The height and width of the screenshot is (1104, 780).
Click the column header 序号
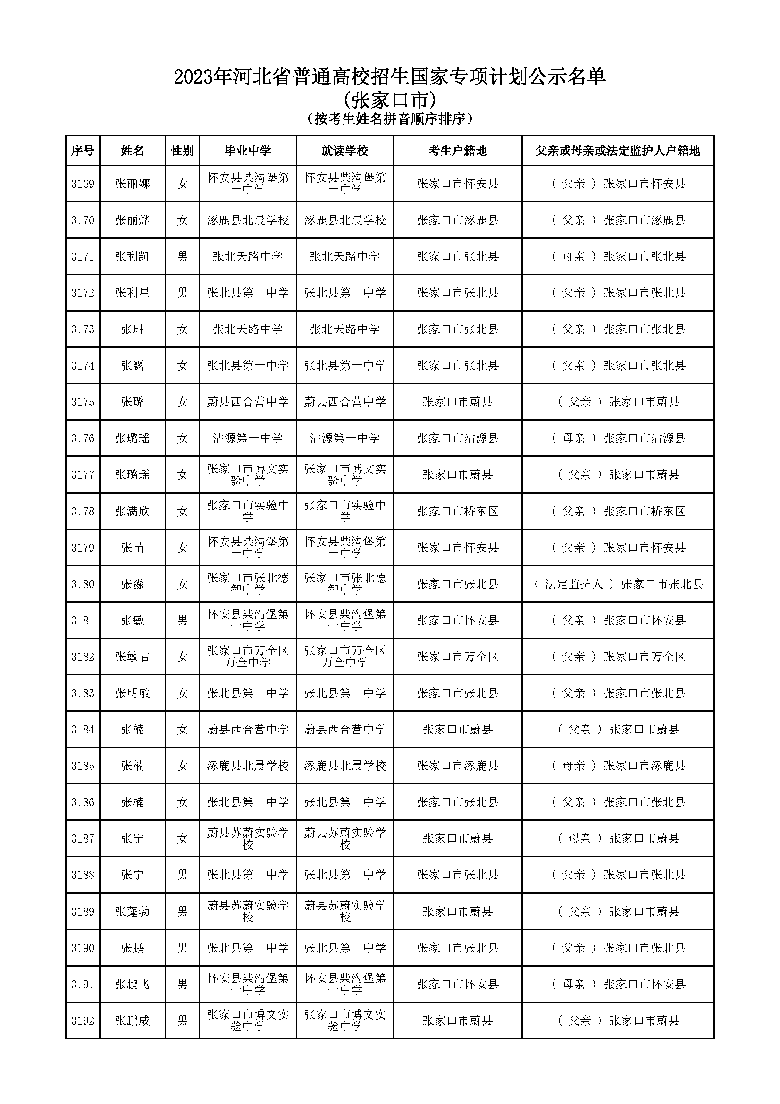point(82,151)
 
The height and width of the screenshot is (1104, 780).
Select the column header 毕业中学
point(248,151)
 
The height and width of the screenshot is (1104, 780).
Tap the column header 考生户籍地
point(457,151)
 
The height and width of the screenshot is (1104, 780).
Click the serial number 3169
point(83,184)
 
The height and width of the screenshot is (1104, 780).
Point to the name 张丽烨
point(132,220)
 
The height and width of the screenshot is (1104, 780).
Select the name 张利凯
point(132,257)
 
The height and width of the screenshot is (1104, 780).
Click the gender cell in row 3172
point(182,293)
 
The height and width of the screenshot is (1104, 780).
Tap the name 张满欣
point(132,511)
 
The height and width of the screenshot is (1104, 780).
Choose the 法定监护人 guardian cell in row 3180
point(618,584)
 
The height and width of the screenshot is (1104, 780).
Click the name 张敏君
point(132,657)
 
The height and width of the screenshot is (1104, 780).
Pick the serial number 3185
point(83,766)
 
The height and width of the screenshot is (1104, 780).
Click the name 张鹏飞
point(132,984)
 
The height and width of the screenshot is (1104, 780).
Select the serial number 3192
point(83,1021)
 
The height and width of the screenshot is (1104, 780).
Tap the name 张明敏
point(132,693)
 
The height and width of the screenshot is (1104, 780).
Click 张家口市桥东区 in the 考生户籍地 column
point(457,511)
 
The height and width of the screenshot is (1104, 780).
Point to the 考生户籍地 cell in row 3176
point(457,438)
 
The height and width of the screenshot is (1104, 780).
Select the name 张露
point(132,366)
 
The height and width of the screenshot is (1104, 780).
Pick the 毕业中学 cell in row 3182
point(248,657)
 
